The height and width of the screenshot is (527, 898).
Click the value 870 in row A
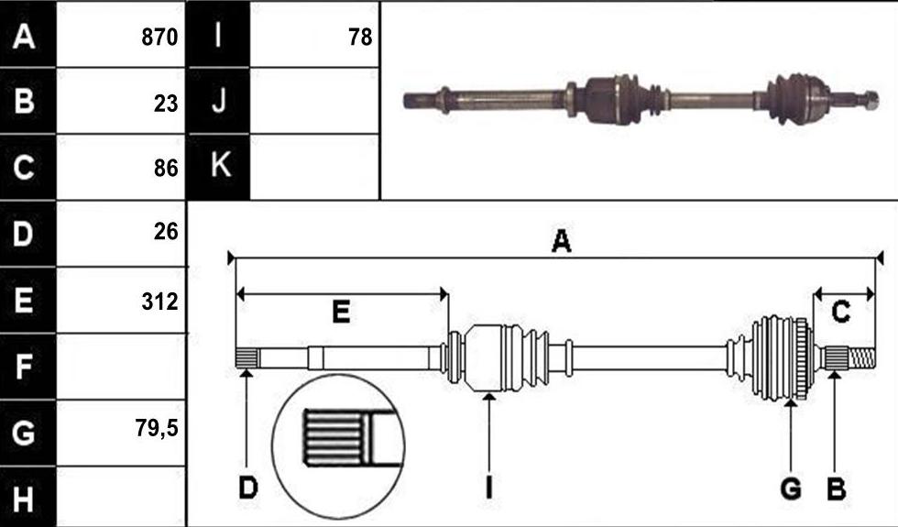click(x=159, y=38)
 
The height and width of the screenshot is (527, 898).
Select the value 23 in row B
click(x=166, y=104)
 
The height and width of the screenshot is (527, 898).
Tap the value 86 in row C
click(x=166, y=169)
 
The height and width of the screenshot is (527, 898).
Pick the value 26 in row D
click(x=166, y=231)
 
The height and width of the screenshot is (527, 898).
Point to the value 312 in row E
click(x=159, y=302)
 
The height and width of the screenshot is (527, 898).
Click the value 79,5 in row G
click(x=157, y=428)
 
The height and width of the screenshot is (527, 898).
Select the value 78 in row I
click(x=360, y=38)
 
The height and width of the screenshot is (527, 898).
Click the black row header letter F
click(x=24, y=367)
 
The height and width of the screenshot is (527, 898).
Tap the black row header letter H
click(x=23, y=499)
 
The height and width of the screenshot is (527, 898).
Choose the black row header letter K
click(x=221, y=165)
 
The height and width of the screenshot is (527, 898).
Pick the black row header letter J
click(x=219, y=101)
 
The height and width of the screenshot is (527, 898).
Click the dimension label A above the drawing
click(x=561, y=240)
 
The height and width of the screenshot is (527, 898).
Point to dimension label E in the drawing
click(x=341, y=313)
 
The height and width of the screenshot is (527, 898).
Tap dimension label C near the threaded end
click(x=840, y=313)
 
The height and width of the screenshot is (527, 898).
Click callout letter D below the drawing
click(x=248, y=489)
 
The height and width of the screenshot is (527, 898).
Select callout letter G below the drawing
click(x=791, y=489)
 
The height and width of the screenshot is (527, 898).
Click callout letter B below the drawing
click(x=836, y=489)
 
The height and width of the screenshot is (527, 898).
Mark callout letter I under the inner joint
click(x=488, y=489)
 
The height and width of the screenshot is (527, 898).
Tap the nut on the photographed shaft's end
click(x=870, y=100)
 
